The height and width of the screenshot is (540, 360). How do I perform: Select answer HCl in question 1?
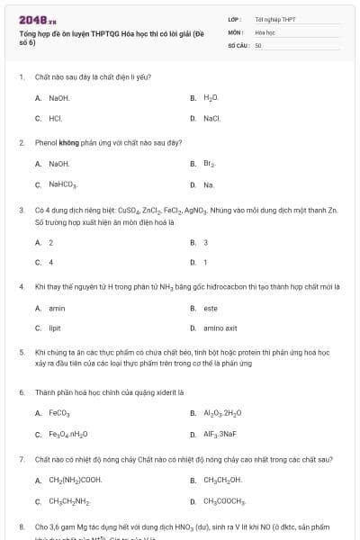(55, 118)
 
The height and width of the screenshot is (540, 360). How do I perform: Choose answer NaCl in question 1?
(211, 118)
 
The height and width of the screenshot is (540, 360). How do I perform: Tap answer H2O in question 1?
(211, 97)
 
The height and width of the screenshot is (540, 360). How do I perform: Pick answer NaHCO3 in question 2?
(62, 184)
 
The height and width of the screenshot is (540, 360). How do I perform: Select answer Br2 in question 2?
(210, 164)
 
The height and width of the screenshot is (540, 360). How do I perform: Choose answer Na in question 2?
(209, 184)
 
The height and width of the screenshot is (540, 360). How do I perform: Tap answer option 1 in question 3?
(205, 262)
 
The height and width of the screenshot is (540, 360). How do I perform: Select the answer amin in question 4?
(56, 308)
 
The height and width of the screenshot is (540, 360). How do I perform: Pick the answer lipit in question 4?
(55, 328)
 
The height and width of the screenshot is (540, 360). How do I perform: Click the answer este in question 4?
(210, 308)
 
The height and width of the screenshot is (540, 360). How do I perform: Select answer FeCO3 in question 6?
(59, 413)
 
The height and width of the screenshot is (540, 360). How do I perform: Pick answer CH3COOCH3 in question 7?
(225, 501)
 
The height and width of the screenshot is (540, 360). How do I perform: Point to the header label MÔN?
(236, 31)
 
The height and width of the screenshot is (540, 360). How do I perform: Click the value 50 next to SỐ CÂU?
(258, 44)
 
